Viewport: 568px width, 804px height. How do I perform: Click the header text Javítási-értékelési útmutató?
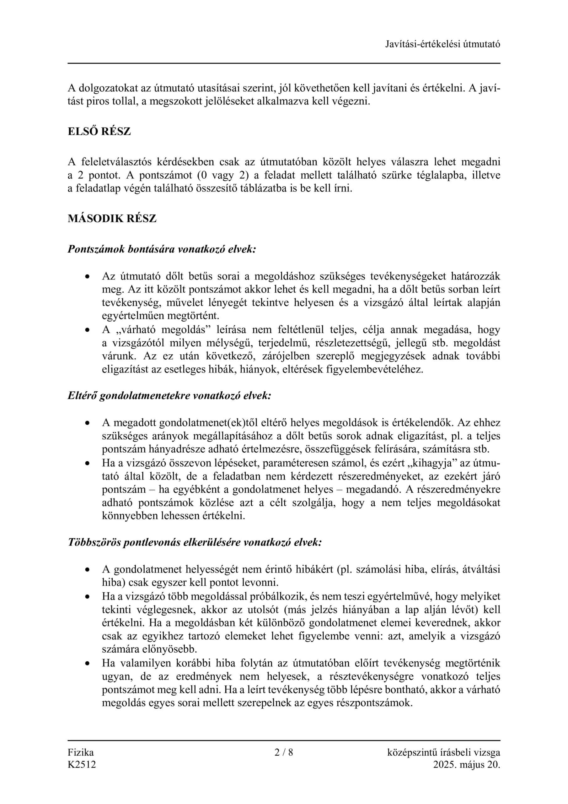(x=442, y=44)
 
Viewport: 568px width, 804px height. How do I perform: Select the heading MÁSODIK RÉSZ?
(x=112, y=219)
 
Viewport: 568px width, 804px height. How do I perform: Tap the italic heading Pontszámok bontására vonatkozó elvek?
(x=162, y=249)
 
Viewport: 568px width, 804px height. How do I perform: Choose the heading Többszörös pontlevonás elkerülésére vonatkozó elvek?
(x=195, y=542)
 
